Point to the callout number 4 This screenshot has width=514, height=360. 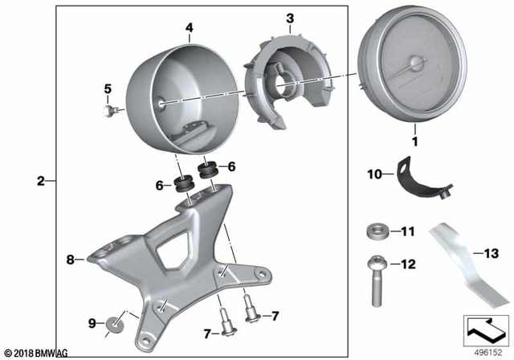[x=190, y=27]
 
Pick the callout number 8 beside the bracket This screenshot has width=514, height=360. [x=70, y=260]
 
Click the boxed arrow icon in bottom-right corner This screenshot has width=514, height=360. [x=484, y=328]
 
